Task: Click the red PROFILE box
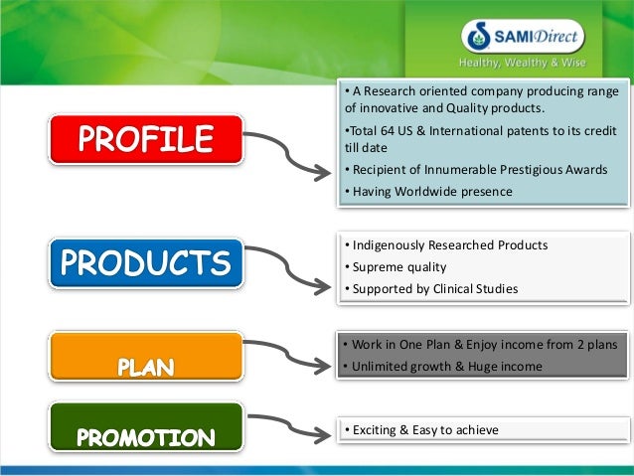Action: (x=146, y=139)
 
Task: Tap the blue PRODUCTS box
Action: (x=145, y=263)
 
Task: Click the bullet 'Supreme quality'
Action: (x=396, y=266)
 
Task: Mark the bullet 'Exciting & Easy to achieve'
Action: (x=421, y=429)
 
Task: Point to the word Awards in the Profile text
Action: (x=584, y=169)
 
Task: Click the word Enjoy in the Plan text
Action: (x=467, y=344)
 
